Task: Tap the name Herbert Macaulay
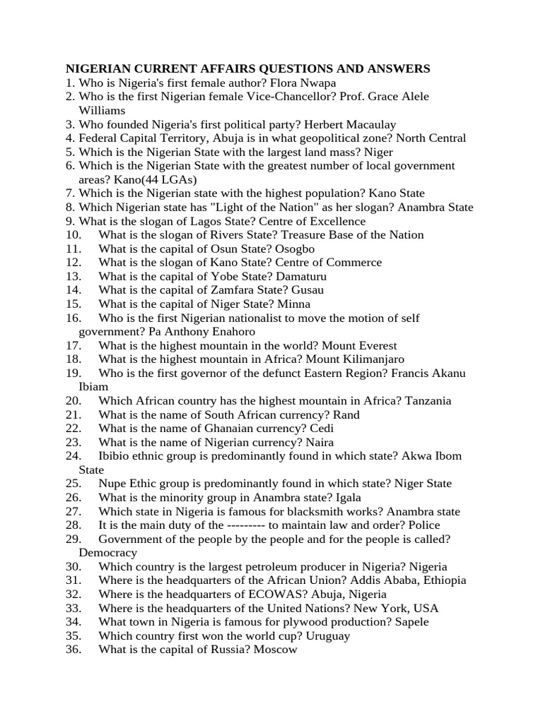tap(354, 124)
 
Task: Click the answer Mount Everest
tap(360, 346)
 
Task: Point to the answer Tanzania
tap(428, 401)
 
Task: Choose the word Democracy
tap(107, 553)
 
